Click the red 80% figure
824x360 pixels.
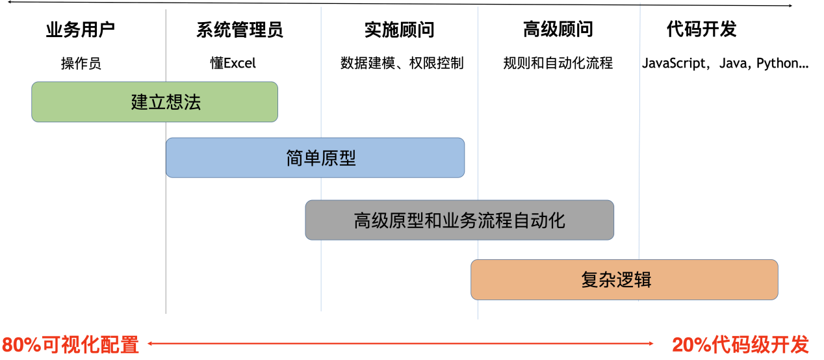21,344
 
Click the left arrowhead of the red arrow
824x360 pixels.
149,344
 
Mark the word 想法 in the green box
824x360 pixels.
184,103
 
